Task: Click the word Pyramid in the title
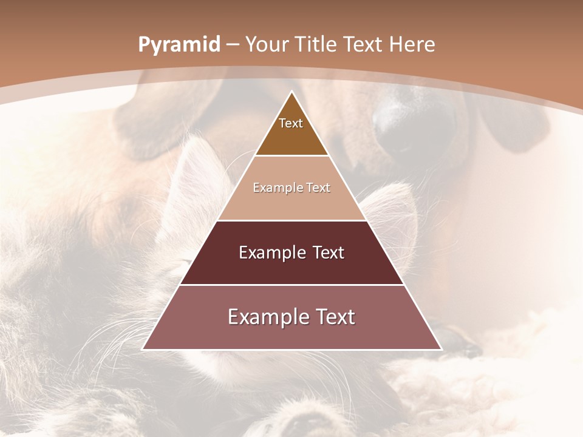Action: (179, 45)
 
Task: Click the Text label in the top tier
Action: (291, 123)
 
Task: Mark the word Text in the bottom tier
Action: (333, 317)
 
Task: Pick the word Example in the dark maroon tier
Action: (270, 252)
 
